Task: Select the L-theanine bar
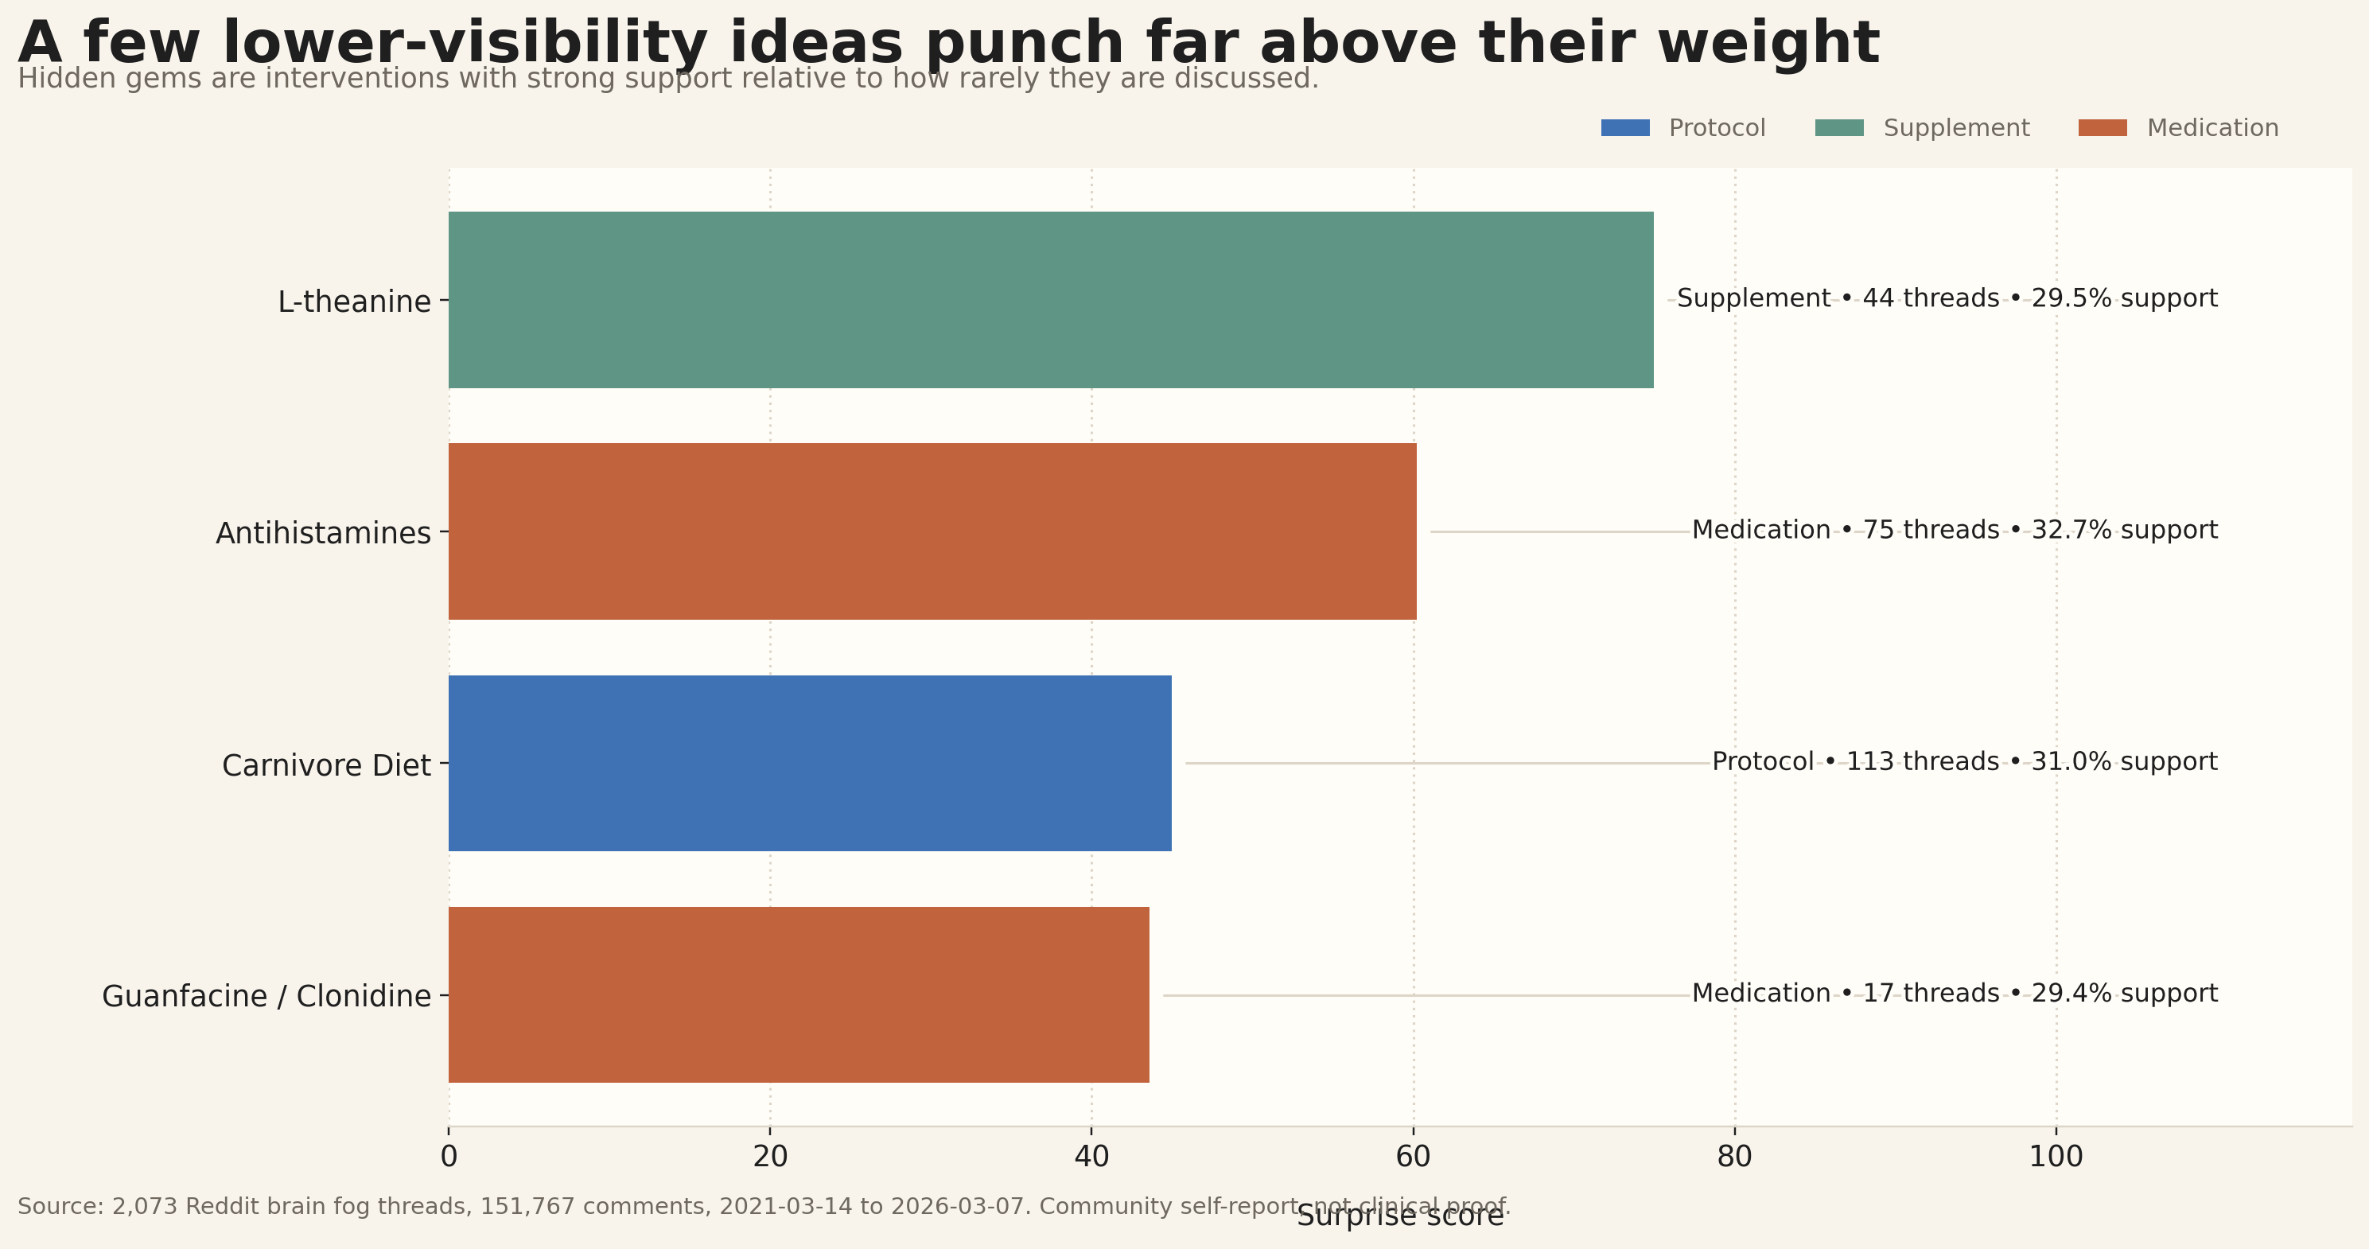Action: point(1050,300)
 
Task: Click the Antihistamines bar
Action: point(932,531)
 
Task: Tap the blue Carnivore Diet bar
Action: point(809,764)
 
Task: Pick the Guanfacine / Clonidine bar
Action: point(798,994)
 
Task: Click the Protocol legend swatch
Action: point(1625,128)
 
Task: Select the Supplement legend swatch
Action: point(1839,128)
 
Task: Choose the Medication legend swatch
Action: point(2103,128)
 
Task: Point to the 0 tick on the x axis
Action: point(449,1156)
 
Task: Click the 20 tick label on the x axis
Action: point(770,1156)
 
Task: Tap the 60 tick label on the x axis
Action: point(1413,1156)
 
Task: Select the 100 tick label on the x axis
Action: point(2056,1156)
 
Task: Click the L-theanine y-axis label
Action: point(354,302)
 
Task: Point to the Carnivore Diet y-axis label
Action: point(326,765)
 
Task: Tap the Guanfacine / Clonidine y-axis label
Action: point(266,996)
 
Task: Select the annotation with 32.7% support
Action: point(1955,531)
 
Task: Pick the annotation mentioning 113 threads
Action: point(1964,762)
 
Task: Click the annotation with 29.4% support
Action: point(1955,994)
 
